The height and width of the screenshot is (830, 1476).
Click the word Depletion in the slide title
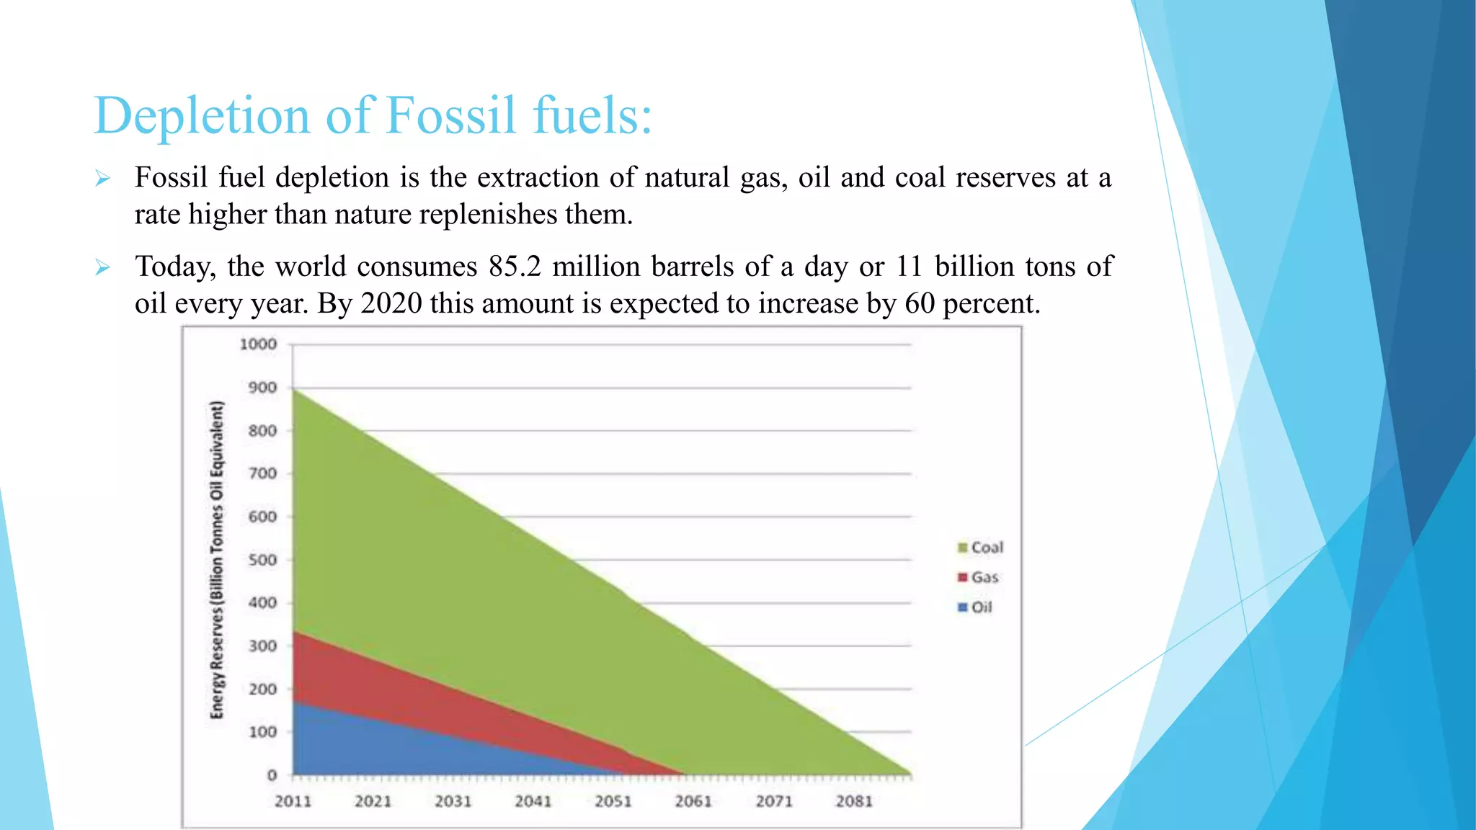click(x=202, y=117)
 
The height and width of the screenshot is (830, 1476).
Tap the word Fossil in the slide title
click(x=450, y=115)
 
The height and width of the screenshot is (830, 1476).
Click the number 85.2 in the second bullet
click(x=514, y=267)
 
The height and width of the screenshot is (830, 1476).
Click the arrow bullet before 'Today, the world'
click(x=102, y=268)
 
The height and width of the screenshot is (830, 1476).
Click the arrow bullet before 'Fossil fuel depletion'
click(x=102, y=179)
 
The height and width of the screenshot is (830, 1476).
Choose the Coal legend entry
click(x=980, y=548)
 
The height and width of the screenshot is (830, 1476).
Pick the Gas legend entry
click(x=978, y=577)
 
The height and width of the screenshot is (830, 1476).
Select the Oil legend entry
click(x=975, y=607)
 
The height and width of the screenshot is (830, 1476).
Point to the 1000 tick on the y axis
click(x=258, y=344)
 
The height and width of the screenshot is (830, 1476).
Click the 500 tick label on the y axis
click(x=262, y=560)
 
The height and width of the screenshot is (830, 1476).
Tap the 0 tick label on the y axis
click(x=272, y=775)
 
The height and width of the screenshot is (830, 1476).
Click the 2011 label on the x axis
click(x=293, y=801)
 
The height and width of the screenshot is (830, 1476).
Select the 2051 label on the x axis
click(x=613, y=801)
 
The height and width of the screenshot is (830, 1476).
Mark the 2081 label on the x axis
click(x=853, y=801)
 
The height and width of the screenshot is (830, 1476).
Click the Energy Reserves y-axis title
click(x=217, y=560)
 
